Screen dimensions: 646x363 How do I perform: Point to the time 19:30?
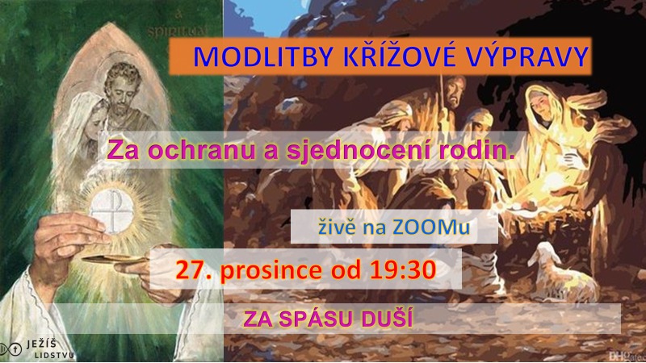402,270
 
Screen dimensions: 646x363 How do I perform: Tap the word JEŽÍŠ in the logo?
42,344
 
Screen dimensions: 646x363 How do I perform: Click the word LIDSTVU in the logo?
54,355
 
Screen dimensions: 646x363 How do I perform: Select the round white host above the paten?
111,211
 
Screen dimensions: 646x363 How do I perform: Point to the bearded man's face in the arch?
123,90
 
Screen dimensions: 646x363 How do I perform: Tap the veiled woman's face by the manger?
540,105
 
